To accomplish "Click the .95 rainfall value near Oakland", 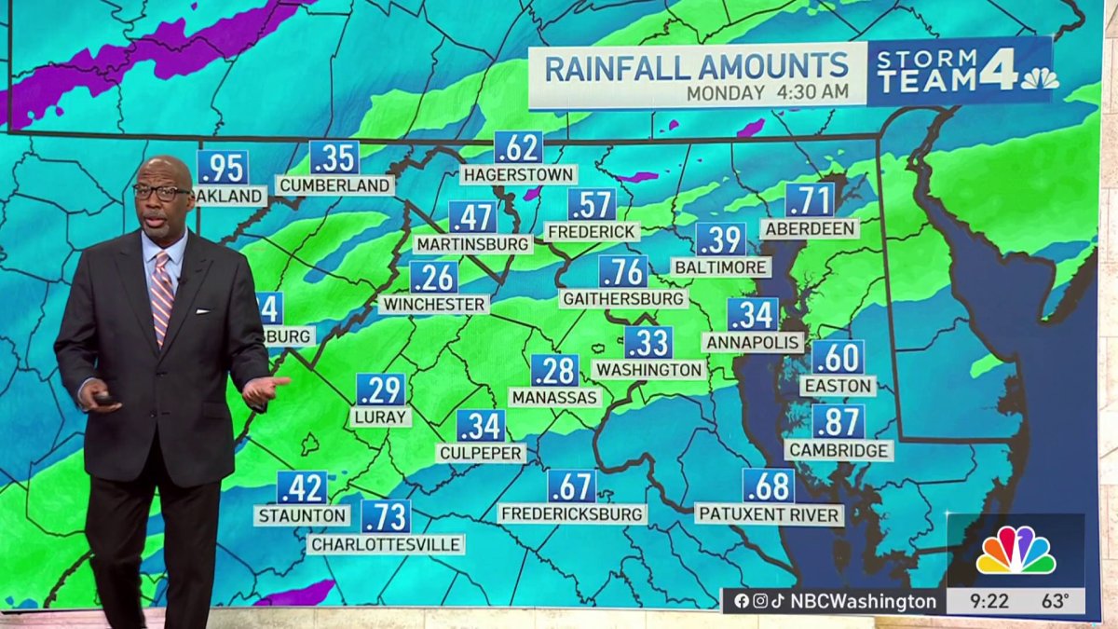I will [x=222, y=169].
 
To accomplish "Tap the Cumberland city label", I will [x=334, y=185].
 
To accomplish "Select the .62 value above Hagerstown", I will [x=518, y=147].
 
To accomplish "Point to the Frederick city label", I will [x=592, y=231].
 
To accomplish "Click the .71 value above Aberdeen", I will [x=810, y=200].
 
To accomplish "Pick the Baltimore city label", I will [x=721, y=267].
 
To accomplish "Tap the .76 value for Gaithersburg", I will [x=622, y=272].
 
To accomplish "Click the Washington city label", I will [x=648, y=370].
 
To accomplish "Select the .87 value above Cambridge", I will [x=838, y=422].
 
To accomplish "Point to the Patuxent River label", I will [x=770, y=514].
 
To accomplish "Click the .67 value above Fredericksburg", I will [x=571, y=485].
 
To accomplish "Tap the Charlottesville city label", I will [x=386, y=544].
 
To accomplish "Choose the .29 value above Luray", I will [x=380, y=390].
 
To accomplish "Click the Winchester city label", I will [x=434, y=305].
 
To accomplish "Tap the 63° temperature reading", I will [x=1056, y=601].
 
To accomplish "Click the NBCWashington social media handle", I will [x=863, y=601].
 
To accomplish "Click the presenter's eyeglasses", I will [x=160, y=192].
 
